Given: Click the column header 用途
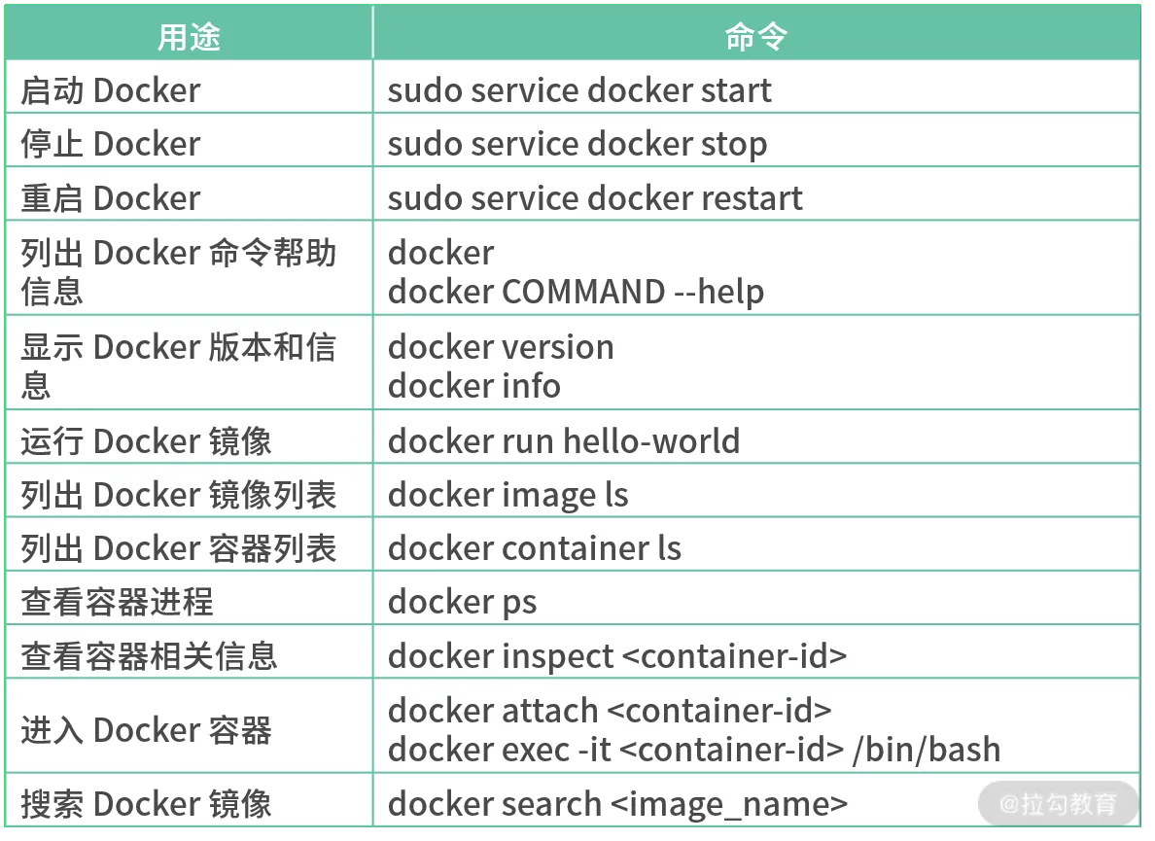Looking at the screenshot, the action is (x=189, y=36).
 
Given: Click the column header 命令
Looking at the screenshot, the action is (x=755, y=36).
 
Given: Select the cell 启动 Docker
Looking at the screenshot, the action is (x=111, y=90).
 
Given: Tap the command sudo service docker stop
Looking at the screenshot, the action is (x=577, y=145).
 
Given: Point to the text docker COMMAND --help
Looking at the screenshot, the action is (x=576, y=292).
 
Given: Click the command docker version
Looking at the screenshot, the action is (x=501, y=347).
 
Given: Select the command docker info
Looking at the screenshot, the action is (x=474, y=386).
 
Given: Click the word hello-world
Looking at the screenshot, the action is (x=651, y=441).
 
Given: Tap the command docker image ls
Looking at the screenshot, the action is (x=508, y=496).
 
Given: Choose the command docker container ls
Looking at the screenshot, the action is (x=535, y=548).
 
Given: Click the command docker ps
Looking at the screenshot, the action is (x=463, y=603).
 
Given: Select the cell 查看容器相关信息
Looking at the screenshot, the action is (x=149, y=656).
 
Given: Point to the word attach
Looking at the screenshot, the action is (x=550, y=711).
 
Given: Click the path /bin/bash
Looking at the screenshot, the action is (x=927, y=750).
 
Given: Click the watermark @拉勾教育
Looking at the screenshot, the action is (x=1058, y=803).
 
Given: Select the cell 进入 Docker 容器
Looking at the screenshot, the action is (x=146, y=730).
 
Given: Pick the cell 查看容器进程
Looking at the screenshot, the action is (x=117, y=602).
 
